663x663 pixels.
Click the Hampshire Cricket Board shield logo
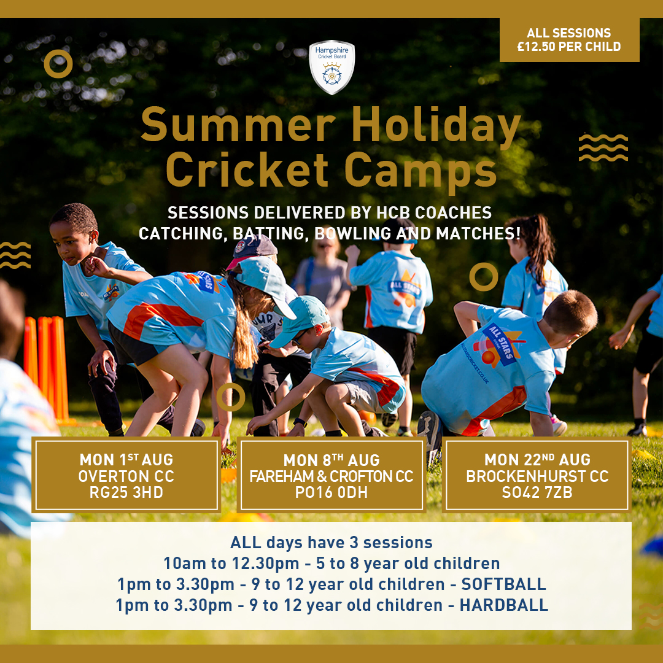(x=331, y=68)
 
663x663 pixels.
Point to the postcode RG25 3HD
(x=126, y=492)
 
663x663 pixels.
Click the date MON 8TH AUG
(x=331, y=460)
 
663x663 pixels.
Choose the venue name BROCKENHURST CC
(x=537, y=476)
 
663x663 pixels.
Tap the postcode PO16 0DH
(x=331, y=492)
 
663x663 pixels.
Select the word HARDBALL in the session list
(x=505, y=605)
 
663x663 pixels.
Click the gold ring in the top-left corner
(x=59, y=64)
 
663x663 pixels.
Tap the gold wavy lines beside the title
(x=603, y=148)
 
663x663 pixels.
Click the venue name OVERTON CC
(x=126, y=476)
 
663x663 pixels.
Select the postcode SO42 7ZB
(x=537, y=492)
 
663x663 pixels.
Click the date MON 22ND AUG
(x=537, y=460)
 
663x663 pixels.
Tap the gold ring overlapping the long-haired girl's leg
(x=231, y=397)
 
